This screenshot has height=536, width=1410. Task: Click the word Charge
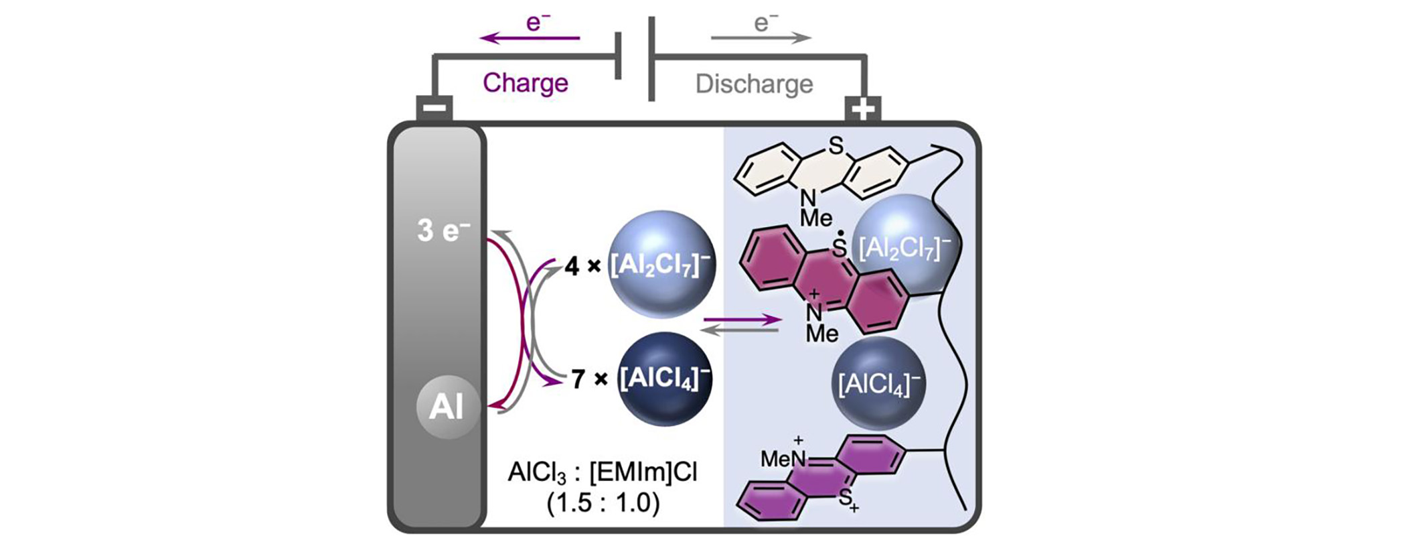click(x=525, y=83)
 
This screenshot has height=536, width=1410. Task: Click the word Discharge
click(x=754, y=84)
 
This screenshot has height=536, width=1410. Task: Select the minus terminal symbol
click(x=435, y=108)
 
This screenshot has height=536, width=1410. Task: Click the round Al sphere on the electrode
click(x=447, y=407)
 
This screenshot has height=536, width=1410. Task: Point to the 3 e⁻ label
click(x=443, y=231)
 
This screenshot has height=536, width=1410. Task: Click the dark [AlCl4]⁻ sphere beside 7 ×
click(x=664, y=379)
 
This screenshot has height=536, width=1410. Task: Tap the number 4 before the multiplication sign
click(x=571, y=267)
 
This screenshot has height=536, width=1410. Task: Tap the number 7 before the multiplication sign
click(x=578, y=380)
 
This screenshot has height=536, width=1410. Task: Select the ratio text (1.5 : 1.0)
click(x=603, y=503)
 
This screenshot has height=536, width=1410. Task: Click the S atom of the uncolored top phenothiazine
click(x=836, y=145)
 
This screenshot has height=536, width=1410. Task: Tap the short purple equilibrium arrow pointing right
click(x=742, y=321)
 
